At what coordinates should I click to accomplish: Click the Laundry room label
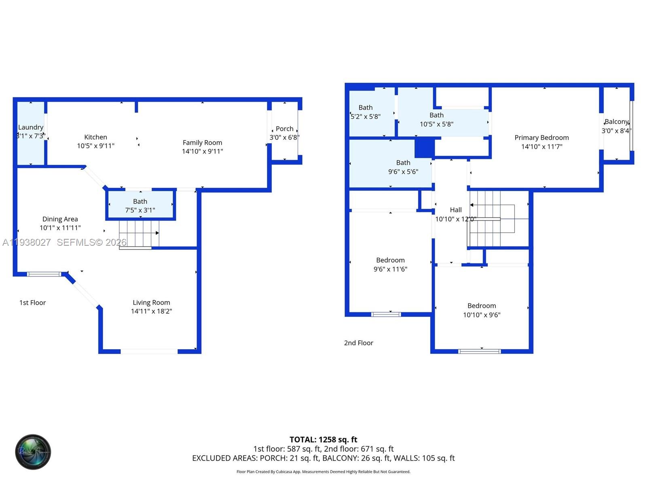(31, 127)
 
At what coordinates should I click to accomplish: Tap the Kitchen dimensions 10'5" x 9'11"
(96, 146)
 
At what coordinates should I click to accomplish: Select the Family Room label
(202, 143)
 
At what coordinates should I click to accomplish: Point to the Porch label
(285, 129)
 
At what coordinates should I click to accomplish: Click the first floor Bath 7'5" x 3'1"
(140, 205)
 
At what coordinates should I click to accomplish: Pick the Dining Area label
(60, 219)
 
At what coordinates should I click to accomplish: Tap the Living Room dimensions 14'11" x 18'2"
(151, 311)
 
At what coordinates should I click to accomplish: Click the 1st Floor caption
(33, 303)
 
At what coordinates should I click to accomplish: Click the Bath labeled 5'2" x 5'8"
(366, 112)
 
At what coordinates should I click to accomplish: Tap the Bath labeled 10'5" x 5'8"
(436, 120)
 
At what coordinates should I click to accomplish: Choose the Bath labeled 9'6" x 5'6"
(403, 167)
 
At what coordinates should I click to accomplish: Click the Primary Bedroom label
(541, 138)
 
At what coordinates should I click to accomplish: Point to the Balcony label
(616, 122)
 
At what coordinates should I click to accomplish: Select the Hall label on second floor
(456, 210)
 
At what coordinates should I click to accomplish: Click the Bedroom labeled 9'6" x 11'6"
(390, 264)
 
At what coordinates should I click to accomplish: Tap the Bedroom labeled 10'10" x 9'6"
(482, 310)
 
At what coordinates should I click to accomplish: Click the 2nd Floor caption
(358, 343)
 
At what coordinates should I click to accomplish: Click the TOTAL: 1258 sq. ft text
(323, 439)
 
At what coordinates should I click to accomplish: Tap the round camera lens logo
(33, 452)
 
